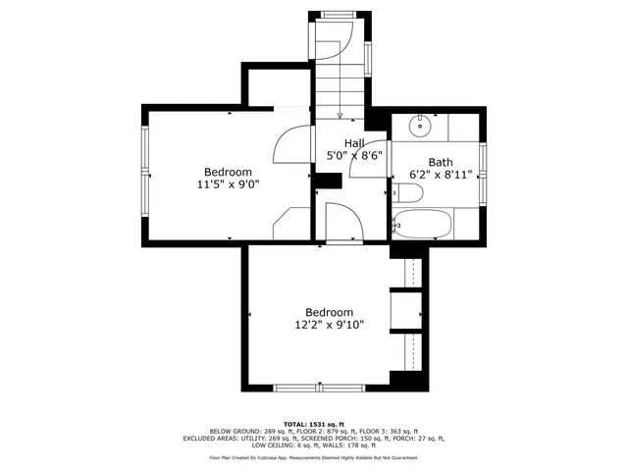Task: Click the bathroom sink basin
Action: point(420,125)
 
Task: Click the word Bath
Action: point(440,162)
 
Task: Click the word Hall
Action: point(353,143)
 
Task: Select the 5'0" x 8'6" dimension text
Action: point(353,155)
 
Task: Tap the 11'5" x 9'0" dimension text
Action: point(229,183)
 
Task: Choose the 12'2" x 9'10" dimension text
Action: point(330,325)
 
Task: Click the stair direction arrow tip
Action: point(339,118)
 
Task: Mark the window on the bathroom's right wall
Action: point(482,163)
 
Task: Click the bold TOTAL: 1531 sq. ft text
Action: point(314,423)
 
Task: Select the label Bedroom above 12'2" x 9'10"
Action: point(329,312)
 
